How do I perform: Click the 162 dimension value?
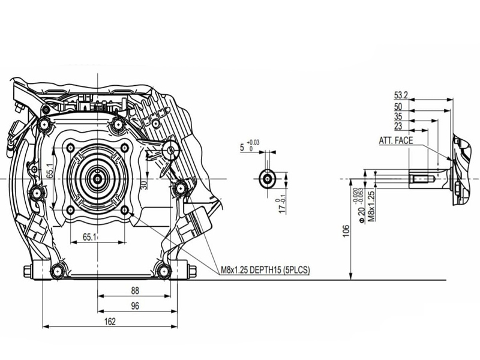pyautogui.click(x=110, y=322)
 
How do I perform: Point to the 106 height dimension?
pyautogui.click(x=346, y=231)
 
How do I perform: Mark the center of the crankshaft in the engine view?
pyautogui.click(x=97, y=178)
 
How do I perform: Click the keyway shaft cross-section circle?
pyautogui.click(x=266, y=178)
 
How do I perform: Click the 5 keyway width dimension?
pyautogui.click(x=242, y=146)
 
